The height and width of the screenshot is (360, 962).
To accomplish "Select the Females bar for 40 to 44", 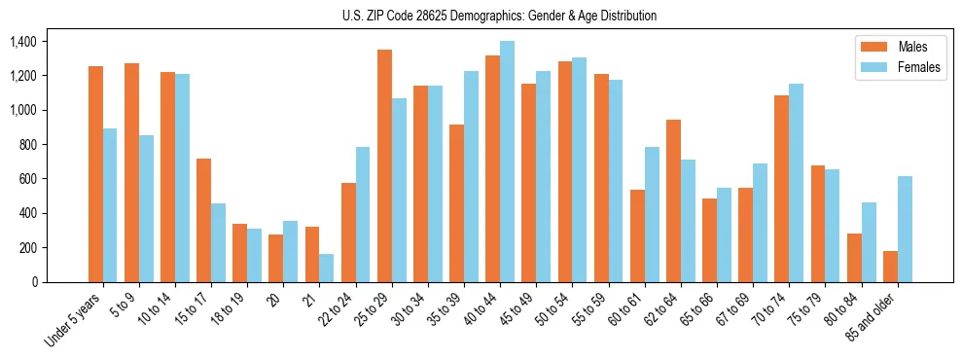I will [507, 162].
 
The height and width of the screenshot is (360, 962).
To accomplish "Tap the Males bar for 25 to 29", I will [384, 165].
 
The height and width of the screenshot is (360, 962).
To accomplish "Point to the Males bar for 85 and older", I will [890, 267].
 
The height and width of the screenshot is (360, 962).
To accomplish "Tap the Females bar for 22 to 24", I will [363, 214].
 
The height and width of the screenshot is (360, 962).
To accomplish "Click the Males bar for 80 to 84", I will [854, 258].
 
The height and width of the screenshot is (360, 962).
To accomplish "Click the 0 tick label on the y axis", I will [33, 282].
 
